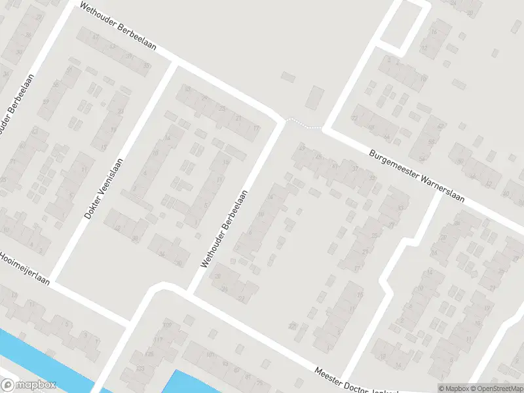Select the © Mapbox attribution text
[452, 388]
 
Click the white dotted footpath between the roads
[304, 123]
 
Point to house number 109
[166, 326]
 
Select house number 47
[96, 36]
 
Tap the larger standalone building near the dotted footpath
[316, 98]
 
